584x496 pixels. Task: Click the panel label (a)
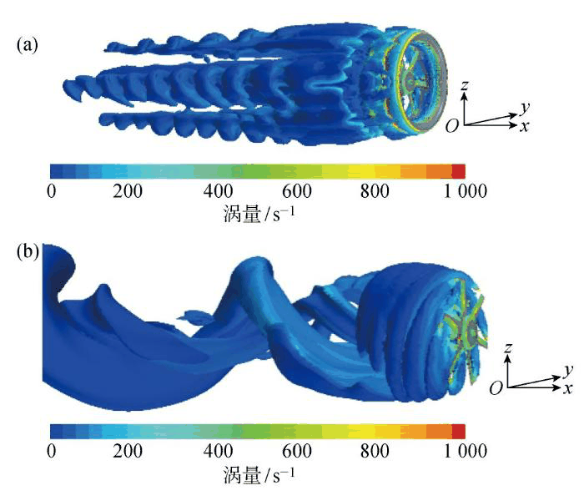(x=28, y=45)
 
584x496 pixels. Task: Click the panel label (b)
(x=28, y=252)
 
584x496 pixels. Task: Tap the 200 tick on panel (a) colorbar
(x=128, y=191)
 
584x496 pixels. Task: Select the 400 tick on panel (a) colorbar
(x=219, y=191)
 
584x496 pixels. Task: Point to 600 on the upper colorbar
(x=296, y=191)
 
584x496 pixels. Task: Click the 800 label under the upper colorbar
(x=375, y=191)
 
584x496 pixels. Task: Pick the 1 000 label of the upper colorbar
(x=466, y=191)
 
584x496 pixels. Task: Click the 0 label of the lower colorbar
(x=52, y=451)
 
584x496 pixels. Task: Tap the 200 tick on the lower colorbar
(x=128, y=451)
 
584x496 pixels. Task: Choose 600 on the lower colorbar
(x=296, y=451)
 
